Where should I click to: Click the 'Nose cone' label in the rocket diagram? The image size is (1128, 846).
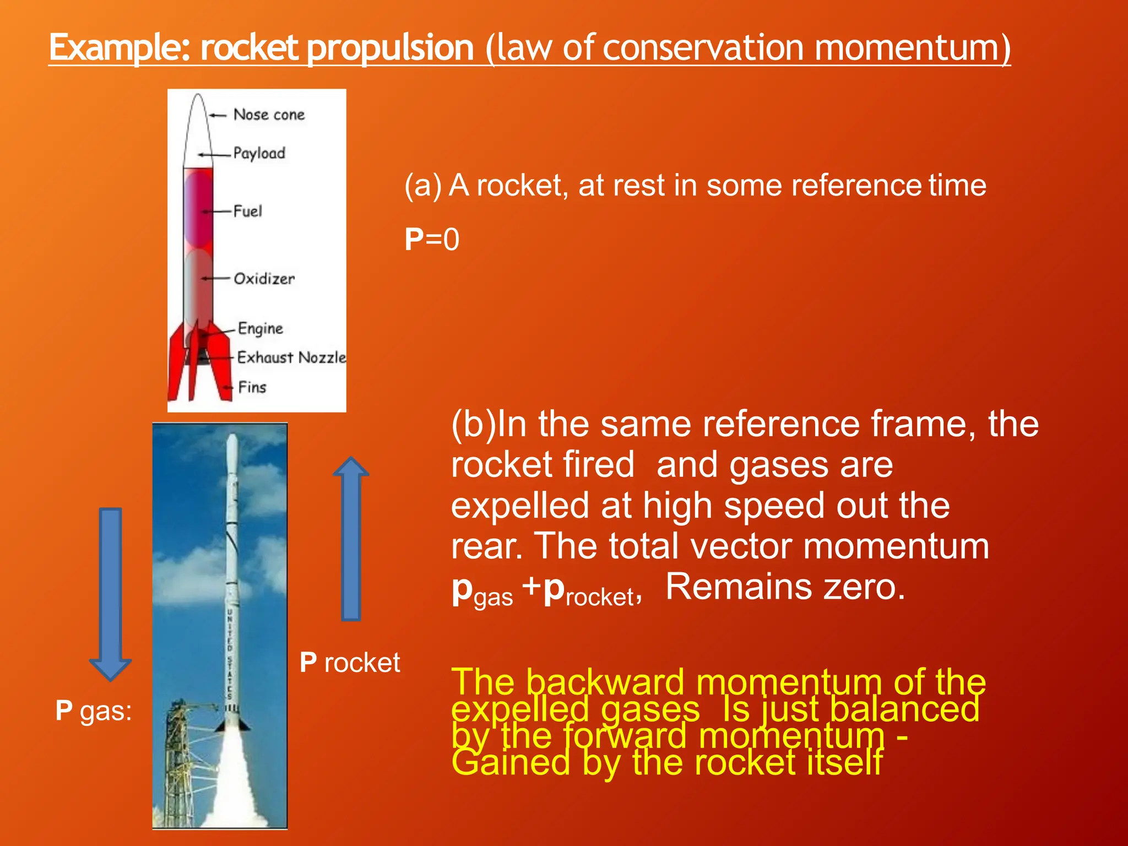pos(269,115)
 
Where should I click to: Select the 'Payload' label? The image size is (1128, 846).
pos(259,153)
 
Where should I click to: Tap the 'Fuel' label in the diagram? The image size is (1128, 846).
pos(247,211)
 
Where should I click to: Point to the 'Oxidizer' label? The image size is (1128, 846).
pos(264,279)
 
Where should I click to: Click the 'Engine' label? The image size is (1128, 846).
pos(260,328)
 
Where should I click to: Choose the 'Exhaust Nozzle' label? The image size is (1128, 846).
pos(291,357)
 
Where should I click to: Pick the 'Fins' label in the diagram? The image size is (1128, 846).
pos(252,387)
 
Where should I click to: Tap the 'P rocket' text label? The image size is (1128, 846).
pos(350,663)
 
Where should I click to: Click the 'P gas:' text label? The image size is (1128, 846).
pos(94,711)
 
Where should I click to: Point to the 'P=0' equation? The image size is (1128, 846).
pos(432,240)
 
